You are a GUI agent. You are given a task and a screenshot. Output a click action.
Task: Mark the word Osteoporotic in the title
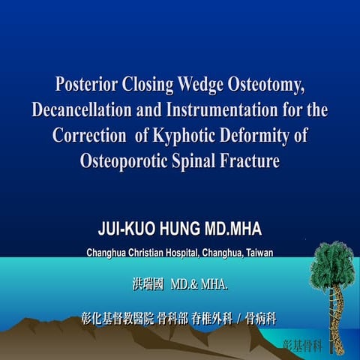tap(130, 162)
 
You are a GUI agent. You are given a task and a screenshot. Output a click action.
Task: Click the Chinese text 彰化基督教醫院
tap(117, 318)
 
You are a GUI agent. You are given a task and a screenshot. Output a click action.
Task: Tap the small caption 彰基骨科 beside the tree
tap(302, 345)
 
